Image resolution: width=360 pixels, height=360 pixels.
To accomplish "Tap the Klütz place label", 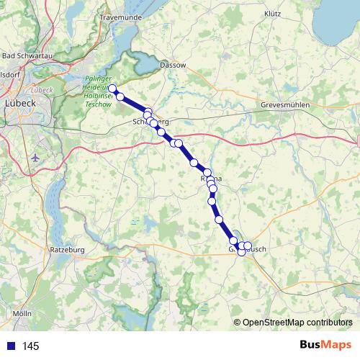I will click(272, 14).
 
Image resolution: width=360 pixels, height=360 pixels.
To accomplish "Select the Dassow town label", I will click(174, 65).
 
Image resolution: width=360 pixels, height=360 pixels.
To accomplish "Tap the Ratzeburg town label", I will click(68, 250).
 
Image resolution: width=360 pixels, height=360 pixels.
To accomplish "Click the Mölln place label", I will click(22, 314).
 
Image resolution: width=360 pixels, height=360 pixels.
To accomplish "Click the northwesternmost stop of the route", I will click(112, 89).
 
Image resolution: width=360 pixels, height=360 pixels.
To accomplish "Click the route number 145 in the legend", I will click(30, 346).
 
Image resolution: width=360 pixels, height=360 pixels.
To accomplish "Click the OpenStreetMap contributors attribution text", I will click(297, 322).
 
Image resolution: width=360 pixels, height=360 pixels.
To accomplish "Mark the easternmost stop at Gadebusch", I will click(248, 246).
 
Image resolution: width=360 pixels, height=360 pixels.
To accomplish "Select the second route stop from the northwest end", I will click(121, 96).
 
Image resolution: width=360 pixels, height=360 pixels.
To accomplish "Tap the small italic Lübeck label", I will click(43, 90).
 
